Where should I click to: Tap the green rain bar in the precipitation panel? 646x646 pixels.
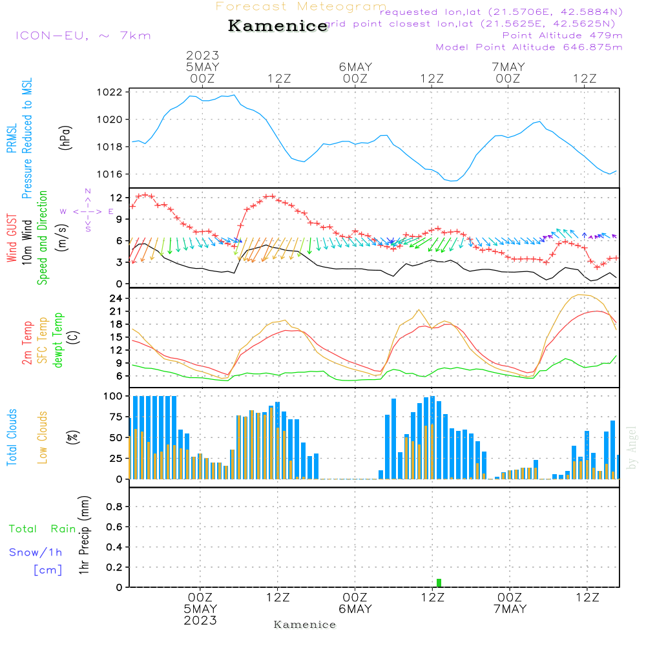[439, 583]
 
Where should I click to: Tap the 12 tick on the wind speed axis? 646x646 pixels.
[117, 197]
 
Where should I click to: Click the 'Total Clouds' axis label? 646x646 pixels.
[12, 437]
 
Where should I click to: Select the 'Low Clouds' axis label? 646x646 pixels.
[43, 437]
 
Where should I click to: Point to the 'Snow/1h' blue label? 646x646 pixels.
[36, 552]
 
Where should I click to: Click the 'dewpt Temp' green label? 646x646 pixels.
[58, 340]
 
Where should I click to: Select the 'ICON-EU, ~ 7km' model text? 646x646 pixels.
[83, 36]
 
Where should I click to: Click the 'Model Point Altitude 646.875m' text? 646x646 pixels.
[529, 47]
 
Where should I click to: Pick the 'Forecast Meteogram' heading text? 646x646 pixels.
[301, 6]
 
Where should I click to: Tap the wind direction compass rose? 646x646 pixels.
[88, 211]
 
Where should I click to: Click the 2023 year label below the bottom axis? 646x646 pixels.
[200, 620]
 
